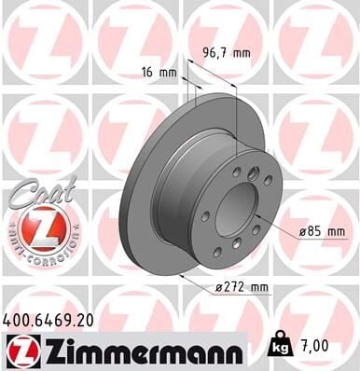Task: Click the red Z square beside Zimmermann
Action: tap(21, 351)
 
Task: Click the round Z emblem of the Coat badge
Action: tap(34, 227)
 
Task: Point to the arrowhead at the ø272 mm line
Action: tap(179, 276)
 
